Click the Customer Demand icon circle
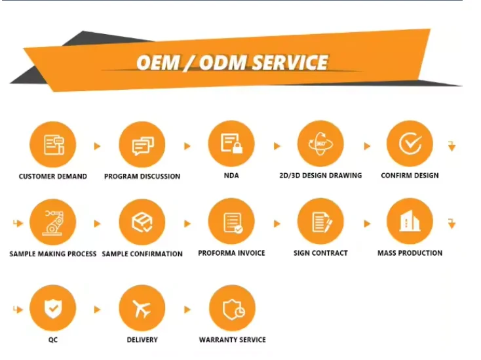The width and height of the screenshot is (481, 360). (53, 144)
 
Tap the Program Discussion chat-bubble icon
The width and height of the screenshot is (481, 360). (142, 144)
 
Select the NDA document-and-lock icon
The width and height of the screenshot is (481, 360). (231, 144)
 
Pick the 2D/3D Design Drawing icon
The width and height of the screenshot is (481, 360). (320, 144)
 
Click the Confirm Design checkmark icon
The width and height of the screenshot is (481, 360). (410, 144)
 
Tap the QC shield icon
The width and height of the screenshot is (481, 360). (53, 308)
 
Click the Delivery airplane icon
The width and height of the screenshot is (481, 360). (142, 308)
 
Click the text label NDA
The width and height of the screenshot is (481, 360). (230, 176)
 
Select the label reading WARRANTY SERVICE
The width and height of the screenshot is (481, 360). (233, 340)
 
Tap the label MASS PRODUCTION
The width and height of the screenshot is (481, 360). (410, 253)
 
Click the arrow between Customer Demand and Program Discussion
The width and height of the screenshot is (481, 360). (98, 146)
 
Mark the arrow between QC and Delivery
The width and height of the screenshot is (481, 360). (98, 309)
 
